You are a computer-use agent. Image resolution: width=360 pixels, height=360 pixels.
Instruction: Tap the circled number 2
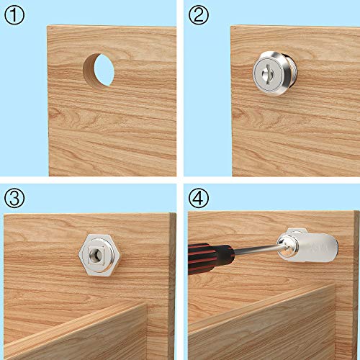[197, 14]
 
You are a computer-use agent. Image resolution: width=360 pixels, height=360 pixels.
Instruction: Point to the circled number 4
[197, 197]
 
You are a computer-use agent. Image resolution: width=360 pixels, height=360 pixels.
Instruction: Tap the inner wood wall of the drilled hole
[87, 68]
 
